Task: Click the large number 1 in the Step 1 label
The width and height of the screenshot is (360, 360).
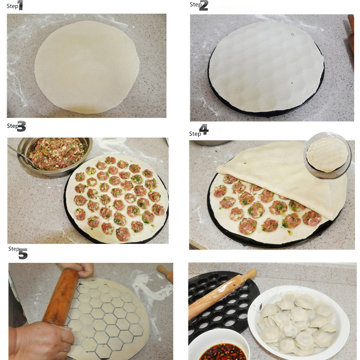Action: pos(20,5)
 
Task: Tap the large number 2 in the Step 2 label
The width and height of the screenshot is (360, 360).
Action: pos(203,6)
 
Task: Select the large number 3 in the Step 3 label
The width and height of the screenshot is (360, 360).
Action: pos(21,126)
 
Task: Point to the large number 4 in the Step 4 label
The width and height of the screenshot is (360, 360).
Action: pos(204,130)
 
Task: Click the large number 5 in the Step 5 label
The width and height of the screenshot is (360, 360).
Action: pos(23,254)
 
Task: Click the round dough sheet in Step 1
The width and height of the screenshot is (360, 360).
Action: pos(87,67)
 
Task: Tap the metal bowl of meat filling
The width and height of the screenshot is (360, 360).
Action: pos(55,156)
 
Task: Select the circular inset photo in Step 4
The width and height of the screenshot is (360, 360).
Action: pos(328,155)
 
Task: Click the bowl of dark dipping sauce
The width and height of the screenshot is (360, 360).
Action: pos(220,346)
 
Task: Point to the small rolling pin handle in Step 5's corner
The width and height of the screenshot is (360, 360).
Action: pos(165,273)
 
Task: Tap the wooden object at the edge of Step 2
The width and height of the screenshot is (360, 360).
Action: pos(351,35)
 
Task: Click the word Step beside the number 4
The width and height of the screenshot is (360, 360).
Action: pos(195,134)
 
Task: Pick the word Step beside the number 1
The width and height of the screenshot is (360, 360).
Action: pos(12,6)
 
